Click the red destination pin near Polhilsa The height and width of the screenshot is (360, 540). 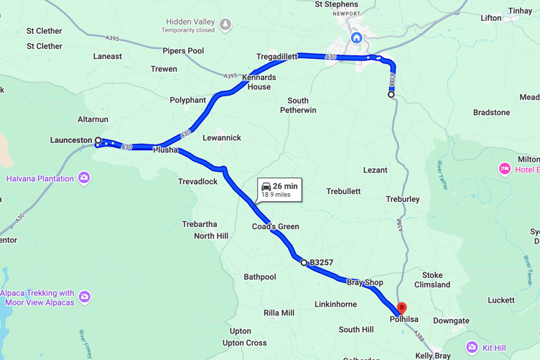point(401,308)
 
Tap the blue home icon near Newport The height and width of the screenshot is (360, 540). point(356,37)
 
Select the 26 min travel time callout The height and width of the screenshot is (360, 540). point(279,190)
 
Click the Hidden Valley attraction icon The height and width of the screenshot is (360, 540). point(225,25)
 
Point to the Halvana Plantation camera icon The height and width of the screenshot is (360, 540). point(85,178)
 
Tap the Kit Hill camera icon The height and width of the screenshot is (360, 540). point(472,348)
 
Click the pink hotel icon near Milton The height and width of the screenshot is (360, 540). point(505,169)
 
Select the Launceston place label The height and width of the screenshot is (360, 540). point(72,140)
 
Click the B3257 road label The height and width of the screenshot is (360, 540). point(321,263)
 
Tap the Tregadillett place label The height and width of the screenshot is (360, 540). point(277,56)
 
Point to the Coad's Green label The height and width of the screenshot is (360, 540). point(275,227)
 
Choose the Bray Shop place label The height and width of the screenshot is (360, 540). point(365,283)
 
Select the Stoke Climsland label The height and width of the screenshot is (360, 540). point(432,280)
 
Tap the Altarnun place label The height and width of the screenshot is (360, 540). point(93,119)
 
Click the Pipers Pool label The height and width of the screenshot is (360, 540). point(183,51)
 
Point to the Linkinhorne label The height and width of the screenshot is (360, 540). point(335,305)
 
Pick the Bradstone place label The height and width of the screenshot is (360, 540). point(491,113)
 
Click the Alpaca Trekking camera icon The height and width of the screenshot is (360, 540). point(85,297)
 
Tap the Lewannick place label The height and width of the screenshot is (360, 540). point(222,138)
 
